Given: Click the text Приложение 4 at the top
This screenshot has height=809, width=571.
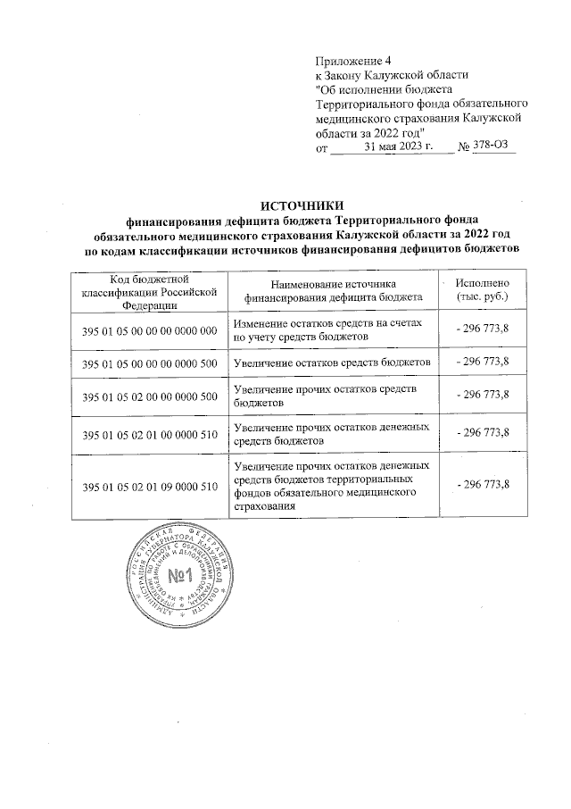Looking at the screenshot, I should click(348, 60).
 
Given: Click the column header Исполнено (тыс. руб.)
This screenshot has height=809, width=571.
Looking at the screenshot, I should click(482, 289).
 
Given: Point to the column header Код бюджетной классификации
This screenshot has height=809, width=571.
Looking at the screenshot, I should click(150, 290).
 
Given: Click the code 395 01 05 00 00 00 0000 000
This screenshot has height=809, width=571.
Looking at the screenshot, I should click(150, 331).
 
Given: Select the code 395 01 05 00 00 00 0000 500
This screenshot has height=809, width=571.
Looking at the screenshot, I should click(150, 363).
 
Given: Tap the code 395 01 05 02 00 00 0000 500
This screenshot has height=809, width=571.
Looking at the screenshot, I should click(150, 396).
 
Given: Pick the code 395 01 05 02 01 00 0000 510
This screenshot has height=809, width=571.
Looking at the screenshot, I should click(150, 435).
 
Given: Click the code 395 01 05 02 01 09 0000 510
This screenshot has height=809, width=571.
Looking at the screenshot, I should click(150, 486).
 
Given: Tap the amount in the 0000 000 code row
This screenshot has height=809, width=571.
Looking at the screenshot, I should click(482, 329).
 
